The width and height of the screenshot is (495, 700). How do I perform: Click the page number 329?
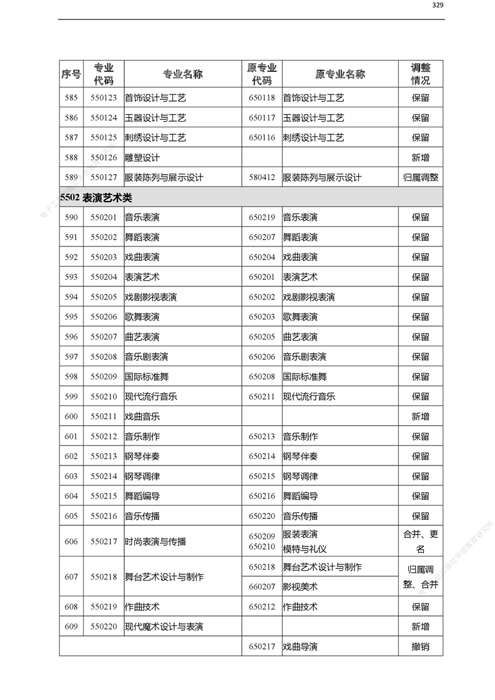click(x=438, y=5)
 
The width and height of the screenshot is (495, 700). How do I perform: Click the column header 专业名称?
click(x=183, y=74)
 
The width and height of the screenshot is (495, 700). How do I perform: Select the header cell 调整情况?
click(x=420, y=74)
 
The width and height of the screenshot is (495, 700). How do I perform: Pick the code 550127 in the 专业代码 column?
click(x=104, y=178)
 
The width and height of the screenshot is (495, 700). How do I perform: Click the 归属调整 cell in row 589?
click(x=420, y=178)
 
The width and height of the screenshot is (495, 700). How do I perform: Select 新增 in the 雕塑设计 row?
click(x=420, y=158)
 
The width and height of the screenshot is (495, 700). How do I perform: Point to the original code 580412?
click(x=262, y=178)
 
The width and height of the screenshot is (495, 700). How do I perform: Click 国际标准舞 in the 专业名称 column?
click(x=147, y=377)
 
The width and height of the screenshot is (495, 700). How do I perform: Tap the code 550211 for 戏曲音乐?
click(x=104, y=417)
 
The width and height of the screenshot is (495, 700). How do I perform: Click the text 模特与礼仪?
click(x=305, y=549)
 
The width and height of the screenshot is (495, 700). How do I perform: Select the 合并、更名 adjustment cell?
click(x=420, y=542)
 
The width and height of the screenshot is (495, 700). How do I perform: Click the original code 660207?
click(x=262, y=587)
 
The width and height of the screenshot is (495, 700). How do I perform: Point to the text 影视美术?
click(x=300, y=587)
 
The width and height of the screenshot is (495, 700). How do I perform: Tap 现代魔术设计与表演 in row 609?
click(x=164, y=627)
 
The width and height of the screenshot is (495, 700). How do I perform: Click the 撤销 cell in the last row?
click(x=420, y=647)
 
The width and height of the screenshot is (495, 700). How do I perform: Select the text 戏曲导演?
click(x=300, y=647)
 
